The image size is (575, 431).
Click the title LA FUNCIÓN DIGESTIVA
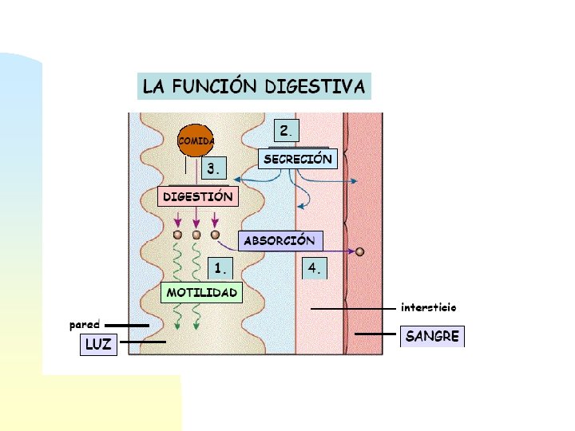click(254, 85)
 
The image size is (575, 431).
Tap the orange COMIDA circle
click(195, 141)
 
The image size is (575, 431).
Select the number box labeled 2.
click(286, 130)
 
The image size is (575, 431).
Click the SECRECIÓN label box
click(298, 159)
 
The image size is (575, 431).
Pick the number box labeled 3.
click(214, 169)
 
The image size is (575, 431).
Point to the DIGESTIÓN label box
click(198, 196)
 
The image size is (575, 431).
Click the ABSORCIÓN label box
click(280, 240)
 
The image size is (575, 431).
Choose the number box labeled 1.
click(221, 267)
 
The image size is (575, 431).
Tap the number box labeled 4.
click(315, 268)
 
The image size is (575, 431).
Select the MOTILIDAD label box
click(201, 293)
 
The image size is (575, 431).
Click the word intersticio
click(428, 307)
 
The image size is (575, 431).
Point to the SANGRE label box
click(432, 336)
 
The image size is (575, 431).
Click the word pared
click(85, 325)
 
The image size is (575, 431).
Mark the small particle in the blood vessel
click(360, 251)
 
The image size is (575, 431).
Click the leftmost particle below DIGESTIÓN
click(177, 235)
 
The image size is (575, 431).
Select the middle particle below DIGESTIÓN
click(196, 235)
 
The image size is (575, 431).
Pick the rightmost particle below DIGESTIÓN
click(215, 235)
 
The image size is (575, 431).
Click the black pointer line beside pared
click(126, 325)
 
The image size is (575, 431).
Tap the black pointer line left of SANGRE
click(375, 334)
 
